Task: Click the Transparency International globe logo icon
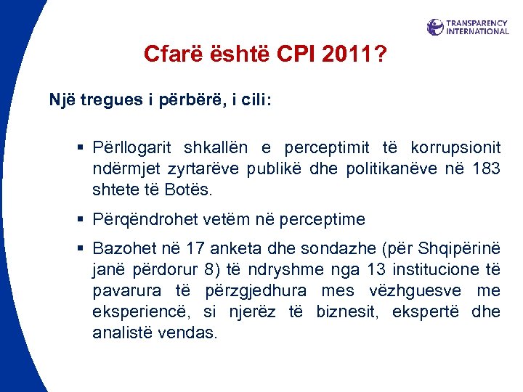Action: [435, 27]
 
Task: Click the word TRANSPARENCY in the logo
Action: [477, 23]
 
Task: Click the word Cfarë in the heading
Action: [169, 54]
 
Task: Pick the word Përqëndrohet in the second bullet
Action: [139, 219]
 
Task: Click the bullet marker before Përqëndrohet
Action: [82, 219]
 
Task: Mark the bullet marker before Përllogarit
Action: [82, 148]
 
